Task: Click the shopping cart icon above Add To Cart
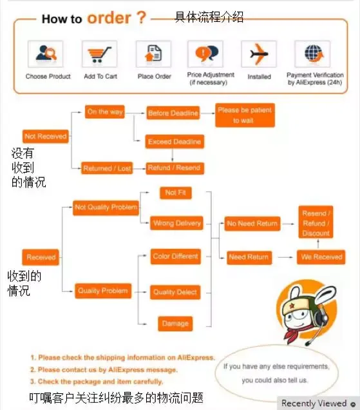[99, 54]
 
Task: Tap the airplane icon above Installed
[259, 54]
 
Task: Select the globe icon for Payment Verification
[314, 54]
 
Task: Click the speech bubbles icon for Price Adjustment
[207, 54]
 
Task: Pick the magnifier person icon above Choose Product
[46, 54]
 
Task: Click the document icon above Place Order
[154, 54]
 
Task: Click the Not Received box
[46, 136]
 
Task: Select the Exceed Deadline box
[175, 141]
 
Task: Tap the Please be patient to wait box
[245, 115]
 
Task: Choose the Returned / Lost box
[107, 168]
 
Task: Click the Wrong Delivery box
[176, 223]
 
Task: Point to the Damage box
[175, 324]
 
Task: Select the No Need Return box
[252, 224]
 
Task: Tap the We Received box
[321, 257]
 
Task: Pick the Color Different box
[176, 257]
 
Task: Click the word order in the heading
[109, 18]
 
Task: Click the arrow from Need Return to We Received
[285, 257]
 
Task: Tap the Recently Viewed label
[314, 403]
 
